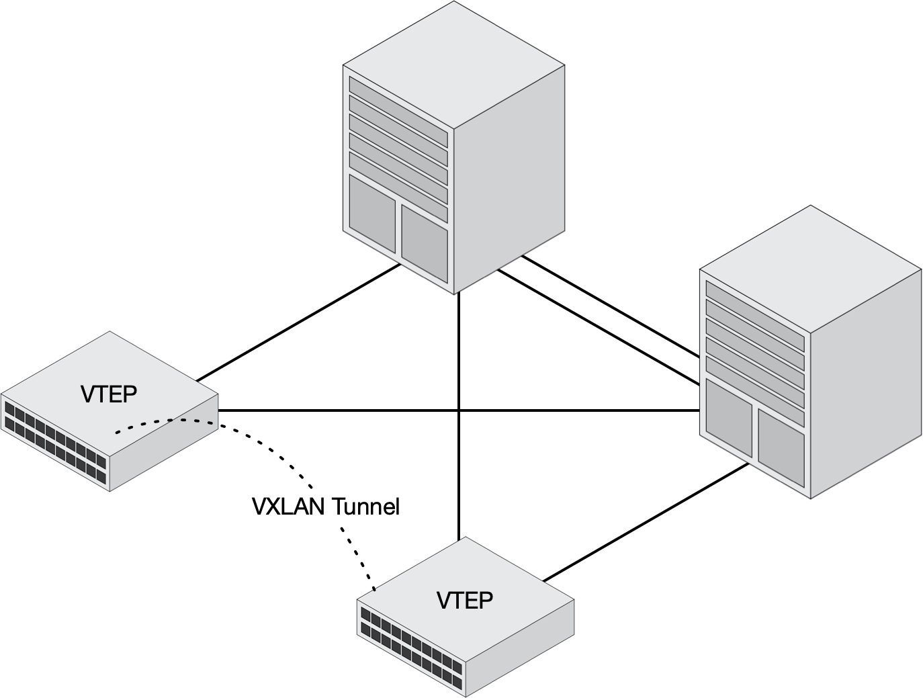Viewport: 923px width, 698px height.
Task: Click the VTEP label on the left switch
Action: click(x=109, y=394)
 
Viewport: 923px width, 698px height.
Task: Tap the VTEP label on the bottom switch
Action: click(x=465, y=599)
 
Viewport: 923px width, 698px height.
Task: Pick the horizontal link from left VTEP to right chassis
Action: click(x=336, y=410)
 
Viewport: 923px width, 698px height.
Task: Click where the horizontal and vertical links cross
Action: click(x=459, y=410)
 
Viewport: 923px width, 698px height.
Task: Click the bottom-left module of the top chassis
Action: click(x=372, y=212)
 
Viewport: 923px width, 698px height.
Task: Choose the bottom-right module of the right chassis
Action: click(x=781, y=446)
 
